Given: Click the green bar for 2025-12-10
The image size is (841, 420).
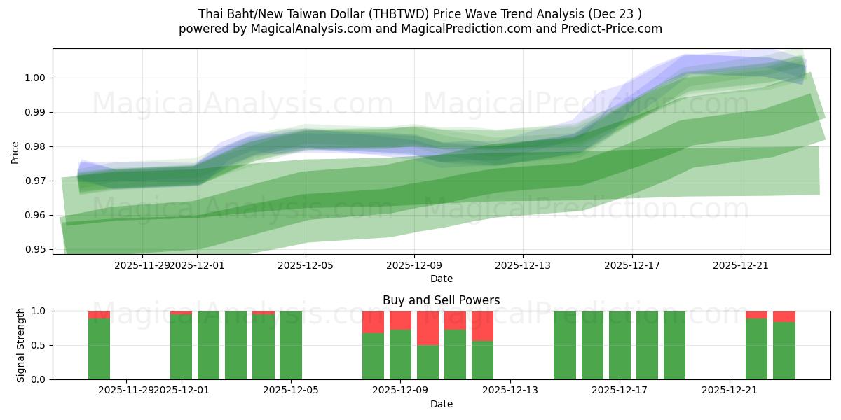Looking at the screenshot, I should click(x=428, y=362).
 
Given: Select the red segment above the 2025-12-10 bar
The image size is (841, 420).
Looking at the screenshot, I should click(x=428, y=328).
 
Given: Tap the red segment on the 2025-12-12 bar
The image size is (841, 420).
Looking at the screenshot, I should click(x=482, y=325).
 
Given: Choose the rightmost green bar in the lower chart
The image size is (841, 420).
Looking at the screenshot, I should click(x=784, y=350).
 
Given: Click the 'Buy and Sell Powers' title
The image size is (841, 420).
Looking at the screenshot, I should click(x=442, y=300).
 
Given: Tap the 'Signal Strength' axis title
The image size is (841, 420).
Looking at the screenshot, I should click(x=20, y=345).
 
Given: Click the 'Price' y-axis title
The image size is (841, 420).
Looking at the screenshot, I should click(x=15, y=152).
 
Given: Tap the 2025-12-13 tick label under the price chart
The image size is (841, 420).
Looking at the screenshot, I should click(x=523, y=265).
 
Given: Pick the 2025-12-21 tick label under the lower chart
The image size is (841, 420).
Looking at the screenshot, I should click(x=730, y=391).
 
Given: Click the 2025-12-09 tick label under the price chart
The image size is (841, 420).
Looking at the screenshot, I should click(x=413, y=265).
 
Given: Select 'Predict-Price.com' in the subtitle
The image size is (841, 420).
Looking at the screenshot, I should click(x=612, y=29).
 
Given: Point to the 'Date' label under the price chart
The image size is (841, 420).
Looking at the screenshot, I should click(x=442, y=279).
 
